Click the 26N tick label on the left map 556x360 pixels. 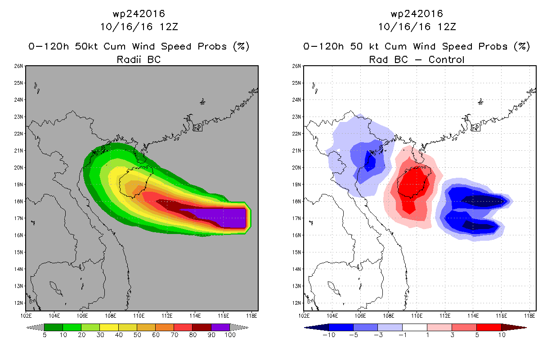(x=18, y=66)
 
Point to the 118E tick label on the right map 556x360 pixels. (x=529, y=316)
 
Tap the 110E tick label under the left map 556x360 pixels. (x=139, y=316)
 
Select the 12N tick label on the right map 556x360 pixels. (x=296, y=303)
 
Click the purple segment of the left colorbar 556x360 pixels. (x=220, y=327)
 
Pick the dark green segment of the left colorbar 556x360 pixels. (x=54, y=327)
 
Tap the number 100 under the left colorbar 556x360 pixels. (x=230, y=335)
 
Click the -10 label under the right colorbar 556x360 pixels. (x=329, y=335)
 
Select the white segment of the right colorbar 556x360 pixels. (x=415, y=327)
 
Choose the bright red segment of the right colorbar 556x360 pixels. (x=489, y=327)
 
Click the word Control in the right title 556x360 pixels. (x=446, y=59)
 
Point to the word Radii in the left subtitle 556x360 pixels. (x=129, y=59)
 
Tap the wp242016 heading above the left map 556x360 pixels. (x=139, y=13)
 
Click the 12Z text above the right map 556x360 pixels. (x=447, y=27)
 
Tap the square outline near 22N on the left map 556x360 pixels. (x=197, y=128)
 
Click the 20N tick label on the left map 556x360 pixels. (x=18, y=167)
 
